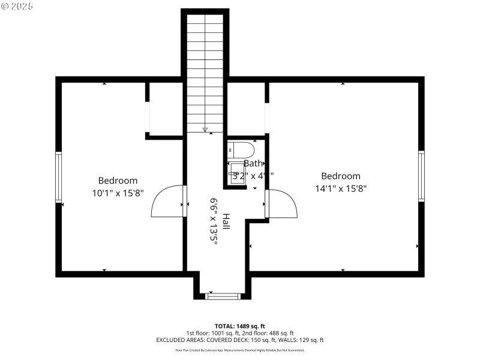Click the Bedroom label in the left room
click(x=118, y=181)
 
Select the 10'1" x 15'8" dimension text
click(x=118, y=193)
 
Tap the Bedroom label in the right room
click(x=340, y=176)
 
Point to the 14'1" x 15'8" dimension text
click(x=340, y=188)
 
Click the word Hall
click(x=226, y=221)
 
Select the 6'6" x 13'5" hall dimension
click(x=213, y=221)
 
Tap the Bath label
click(x=253, y=163)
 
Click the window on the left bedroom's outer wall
click(x=59, y=177)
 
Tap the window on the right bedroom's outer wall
click(x=421, y=176)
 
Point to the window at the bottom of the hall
click(x=223, y=296)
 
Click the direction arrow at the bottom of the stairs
click(x=205, y=129)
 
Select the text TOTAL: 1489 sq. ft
click(x=239, y=326)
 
